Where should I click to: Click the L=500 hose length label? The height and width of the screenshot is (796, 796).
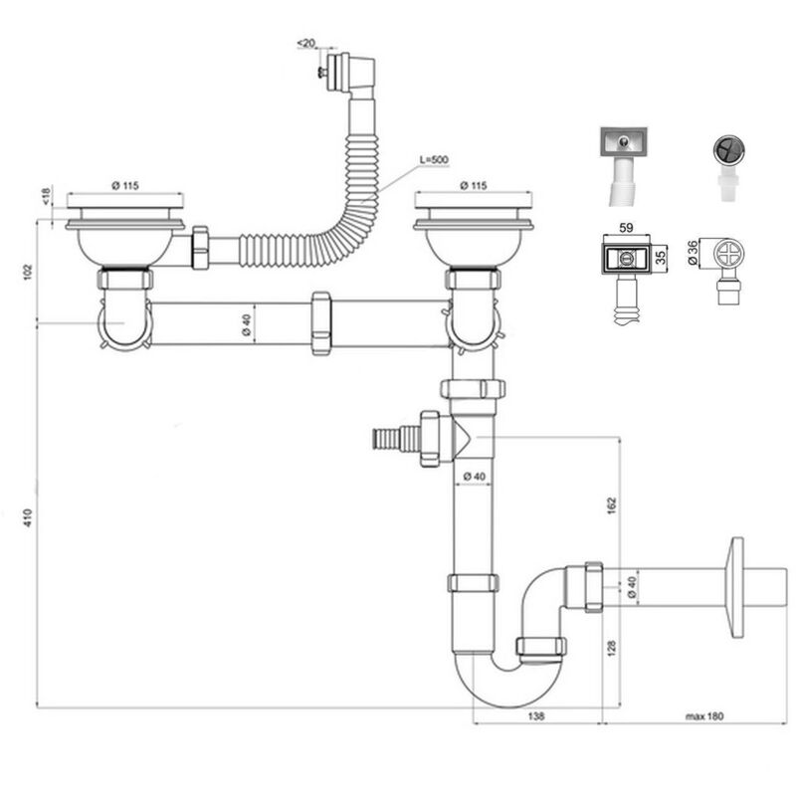click(x=434, y=159)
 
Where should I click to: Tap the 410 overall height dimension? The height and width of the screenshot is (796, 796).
click(x=28, y=517)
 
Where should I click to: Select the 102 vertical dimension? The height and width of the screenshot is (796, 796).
click(x=28, y=272)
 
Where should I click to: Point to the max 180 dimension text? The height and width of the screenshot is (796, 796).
click(x=704, y=716)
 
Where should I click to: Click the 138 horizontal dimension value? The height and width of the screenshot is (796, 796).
click(x=536, y=715)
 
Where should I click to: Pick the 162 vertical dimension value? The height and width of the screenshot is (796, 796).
click(x=612, y=505)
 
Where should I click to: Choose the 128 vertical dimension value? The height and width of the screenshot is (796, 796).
click(x=612, y=648)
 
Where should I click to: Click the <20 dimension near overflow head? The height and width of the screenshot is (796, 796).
click(x=305, y=43)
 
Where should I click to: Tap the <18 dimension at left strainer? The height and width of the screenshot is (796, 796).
click(x=46, y=196)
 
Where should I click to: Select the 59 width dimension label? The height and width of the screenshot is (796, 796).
click(x=627, y=228)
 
